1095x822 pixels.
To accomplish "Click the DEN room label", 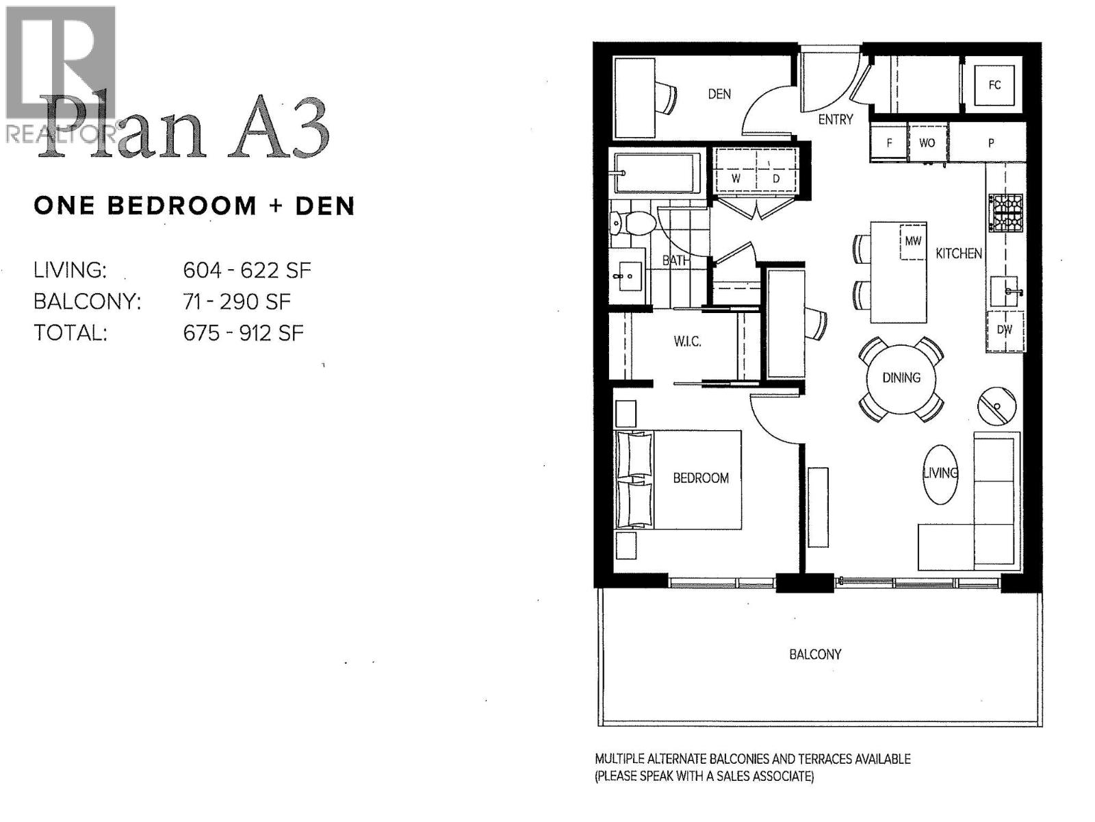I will point(719,94).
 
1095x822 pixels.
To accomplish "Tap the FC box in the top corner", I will point(994,85).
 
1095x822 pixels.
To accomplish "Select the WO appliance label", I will point(927,143).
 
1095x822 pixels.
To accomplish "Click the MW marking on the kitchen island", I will point(912,241).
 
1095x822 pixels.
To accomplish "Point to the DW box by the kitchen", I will point(1004,330).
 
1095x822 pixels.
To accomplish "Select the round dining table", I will point(901,378).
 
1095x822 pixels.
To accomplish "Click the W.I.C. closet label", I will point(687,341).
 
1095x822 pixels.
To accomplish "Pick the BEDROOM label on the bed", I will point(701,478).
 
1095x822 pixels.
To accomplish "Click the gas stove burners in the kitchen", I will point(1005,212).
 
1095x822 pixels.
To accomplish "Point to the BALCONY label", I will point(815,654).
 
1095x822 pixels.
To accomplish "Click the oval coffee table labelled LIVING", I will point(940,474).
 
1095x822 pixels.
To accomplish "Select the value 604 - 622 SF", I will point(247,271).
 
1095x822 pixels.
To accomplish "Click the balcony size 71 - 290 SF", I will point(237,301).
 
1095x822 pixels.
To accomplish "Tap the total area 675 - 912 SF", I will point(243,333).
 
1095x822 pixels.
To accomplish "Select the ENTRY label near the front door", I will point(836,119).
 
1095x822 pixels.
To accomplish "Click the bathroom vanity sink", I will point(627,277).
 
